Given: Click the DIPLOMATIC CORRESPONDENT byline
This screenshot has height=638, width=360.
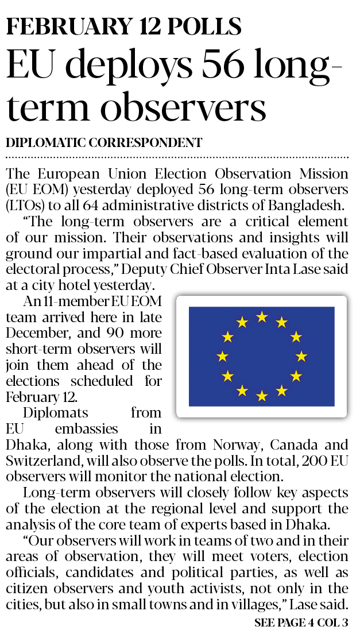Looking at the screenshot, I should coord(104,143).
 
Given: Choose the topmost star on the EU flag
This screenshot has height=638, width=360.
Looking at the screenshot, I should coord(262,316).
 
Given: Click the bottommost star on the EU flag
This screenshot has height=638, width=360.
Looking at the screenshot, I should coord(262,396).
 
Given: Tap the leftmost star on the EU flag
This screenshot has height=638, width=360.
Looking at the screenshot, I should coord(222,357).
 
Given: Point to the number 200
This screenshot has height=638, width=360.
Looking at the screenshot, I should coord(301,461).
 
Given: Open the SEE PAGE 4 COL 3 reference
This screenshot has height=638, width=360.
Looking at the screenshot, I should coord(301,622).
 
